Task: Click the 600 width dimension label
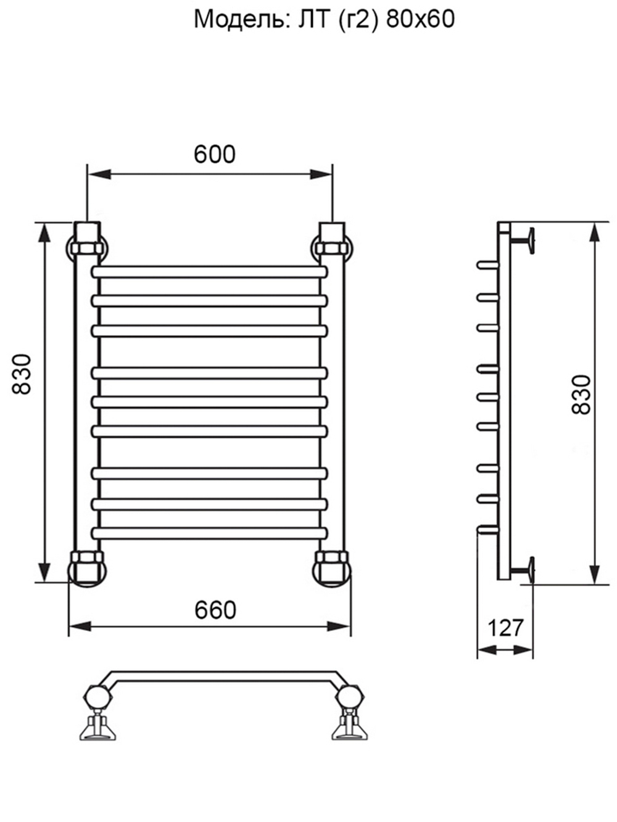[215, 154]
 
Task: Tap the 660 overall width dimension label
[215, 610]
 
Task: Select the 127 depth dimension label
[505, 628]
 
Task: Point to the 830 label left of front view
[22, 374]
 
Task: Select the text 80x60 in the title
[420, 20]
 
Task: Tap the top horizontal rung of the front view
[209, 272]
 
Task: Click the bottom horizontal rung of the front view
[209, 533]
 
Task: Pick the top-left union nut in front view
[88, 249]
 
